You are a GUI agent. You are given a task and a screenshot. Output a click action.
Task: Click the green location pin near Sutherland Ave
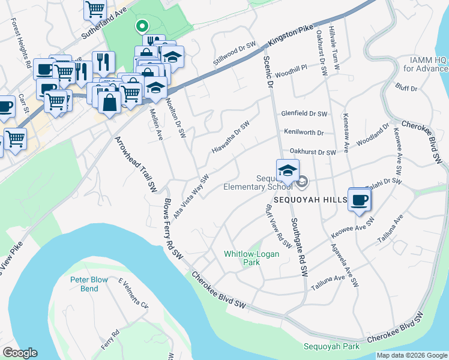(x=142, y=26)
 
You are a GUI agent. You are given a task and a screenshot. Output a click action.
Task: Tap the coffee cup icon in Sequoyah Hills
(x=360, y=200)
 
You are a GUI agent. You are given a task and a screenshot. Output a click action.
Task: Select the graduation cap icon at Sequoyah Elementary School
(x=288, y=170)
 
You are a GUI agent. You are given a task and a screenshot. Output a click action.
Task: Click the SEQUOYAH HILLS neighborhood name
(x=310, y=199)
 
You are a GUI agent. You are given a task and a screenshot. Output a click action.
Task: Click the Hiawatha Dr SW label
(x=230, y=137)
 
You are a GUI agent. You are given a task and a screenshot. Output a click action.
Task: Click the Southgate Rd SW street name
(x=300, y=247)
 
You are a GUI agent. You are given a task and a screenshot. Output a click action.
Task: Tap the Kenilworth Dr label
(x=304, y=132)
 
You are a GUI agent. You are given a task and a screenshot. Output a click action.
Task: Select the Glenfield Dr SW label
(x=304, y=113)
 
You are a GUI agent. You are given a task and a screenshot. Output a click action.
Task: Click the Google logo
(x=20, y=353)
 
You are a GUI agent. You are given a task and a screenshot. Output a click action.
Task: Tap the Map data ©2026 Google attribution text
(x=412, y=355)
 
